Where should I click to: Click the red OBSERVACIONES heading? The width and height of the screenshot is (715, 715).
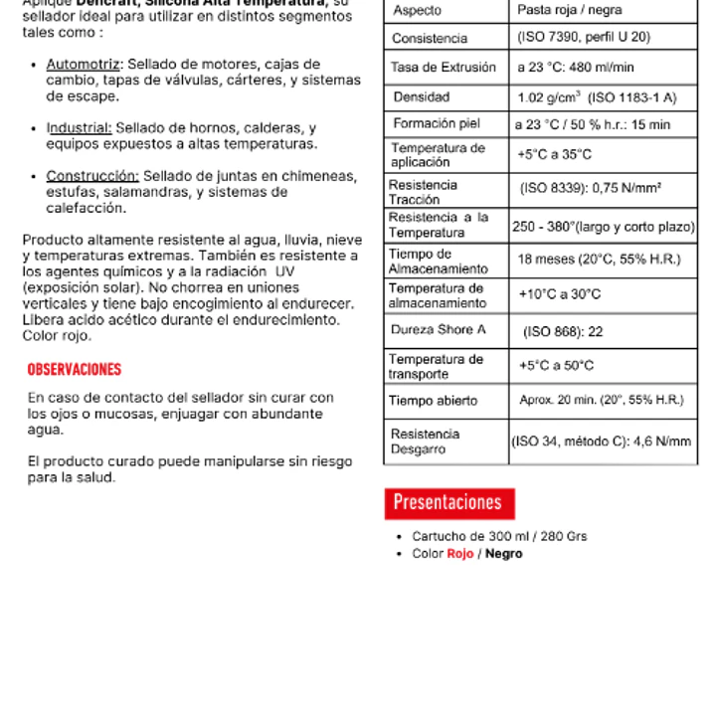click(x=75, y=370)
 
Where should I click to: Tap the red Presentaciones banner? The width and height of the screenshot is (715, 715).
click(x=448, y=502)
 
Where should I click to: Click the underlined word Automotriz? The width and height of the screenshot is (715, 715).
click(x=84, y=65)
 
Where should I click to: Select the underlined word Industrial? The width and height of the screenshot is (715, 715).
click(x=80, y=128)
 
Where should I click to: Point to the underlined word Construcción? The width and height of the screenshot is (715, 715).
click(x=92, y=176)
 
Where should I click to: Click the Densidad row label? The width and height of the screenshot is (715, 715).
click(x=422, y=97)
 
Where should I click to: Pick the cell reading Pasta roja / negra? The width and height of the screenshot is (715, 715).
click(x=570, y=11)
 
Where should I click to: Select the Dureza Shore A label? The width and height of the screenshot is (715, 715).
click(x=439, y=330)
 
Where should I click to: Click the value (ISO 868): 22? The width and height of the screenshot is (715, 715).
click(x=563, y=331)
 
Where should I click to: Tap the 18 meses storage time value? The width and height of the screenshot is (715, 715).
click(x=599, y=260)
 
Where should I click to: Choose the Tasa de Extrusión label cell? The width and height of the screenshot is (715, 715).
click(x=444, y=68)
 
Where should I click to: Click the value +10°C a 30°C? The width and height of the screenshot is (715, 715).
click(x=559, y=295)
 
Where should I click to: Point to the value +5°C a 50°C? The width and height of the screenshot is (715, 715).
click(x=556, y=366)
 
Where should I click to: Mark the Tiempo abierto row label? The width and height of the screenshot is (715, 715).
click(x=434, y=401)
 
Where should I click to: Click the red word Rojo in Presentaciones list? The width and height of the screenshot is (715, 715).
click(x=460, y=554)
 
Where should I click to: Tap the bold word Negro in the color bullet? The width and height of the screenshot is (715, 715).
click(x=503, y=554)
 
